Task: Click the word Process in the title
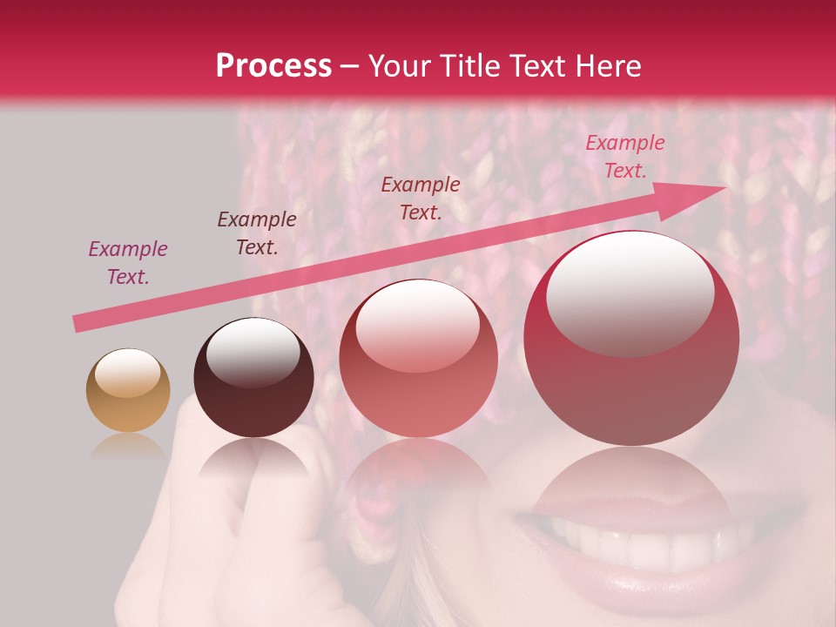click(273, 66)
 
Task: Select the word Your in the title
click(400, 66)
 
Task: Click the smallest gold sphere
click(128, 391)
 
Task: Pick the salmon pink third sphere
click(418, 359)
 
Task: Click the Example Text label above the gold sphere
click(128, 263)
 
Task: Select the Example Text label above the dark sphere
click(257, 233)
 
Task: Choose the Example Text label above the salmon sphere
click(421, 198)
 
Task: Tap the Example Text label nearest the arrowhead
click(624, 157)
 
